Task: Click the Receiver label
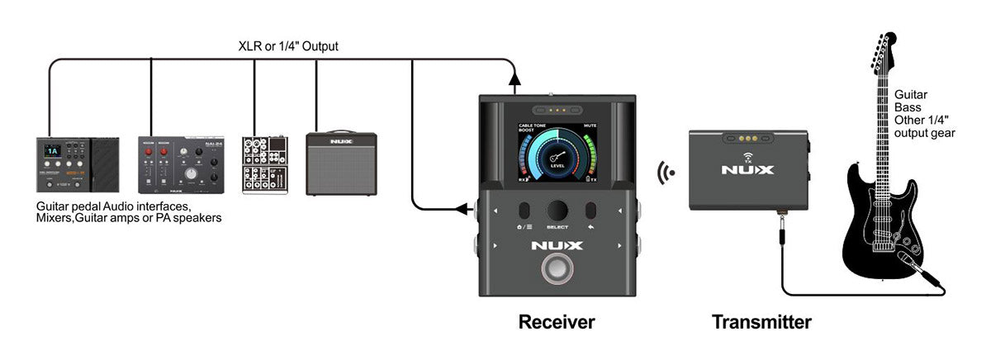556,321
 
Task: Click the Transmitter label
761,321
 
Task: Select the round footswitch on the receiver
557,270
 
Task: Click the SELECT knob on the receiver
557,210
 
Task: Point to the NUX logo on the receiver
557,245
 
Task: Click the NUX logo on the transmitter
748,171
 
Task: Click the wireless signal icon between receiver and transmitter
665,173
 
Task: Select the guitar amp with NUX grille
341,163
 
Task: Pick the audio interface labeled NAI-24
181,164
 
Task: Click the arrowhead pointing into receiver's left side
463,210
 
